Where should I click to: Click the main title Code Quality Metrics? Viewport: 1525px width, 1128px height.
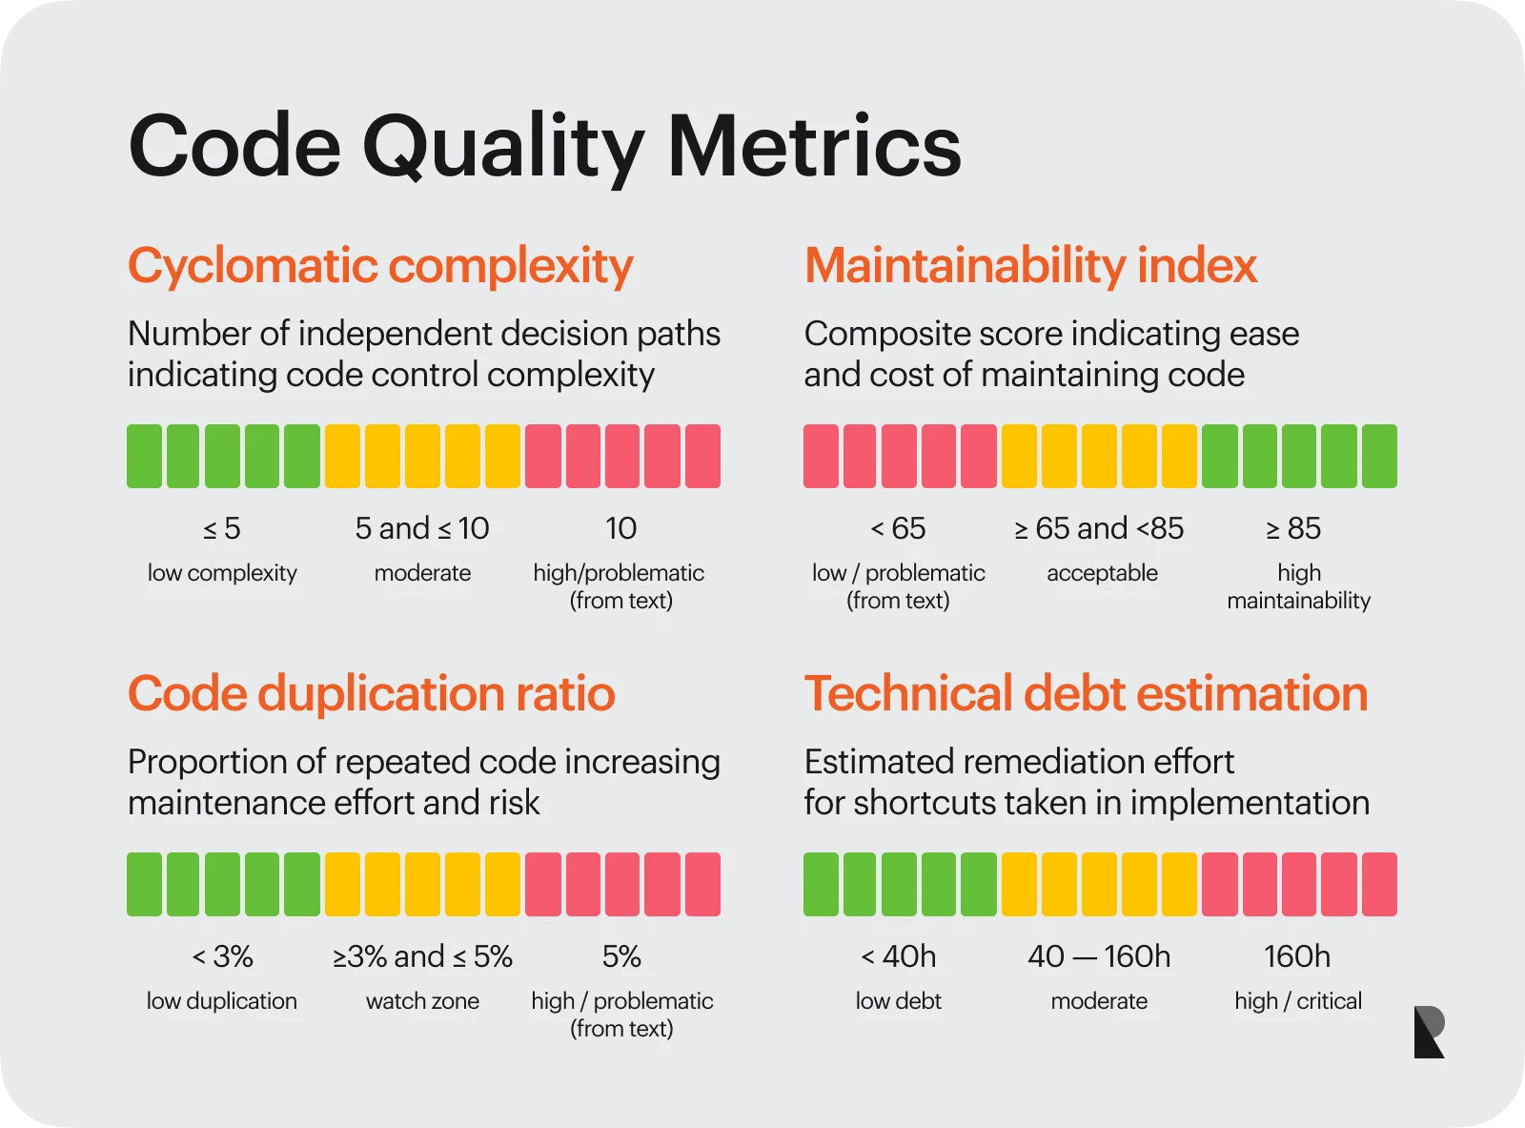pos(544,146)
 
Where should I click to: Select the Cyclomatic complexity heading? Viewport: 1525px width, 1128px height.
pos(380,266)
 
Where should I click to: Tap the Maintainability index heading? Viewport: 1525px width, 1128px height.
pos(1030,265)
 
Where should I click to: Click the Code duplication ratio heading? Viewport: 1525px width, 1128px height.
pos(371,693)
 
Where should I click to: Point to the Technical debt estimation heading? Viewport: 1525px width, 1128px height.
pos(1086,693)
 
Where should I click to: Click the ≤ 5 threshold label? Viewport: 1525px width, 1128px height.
pos(222,528)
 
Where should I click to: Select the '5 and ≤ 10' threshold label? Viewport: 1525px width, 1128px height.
pos(422,528)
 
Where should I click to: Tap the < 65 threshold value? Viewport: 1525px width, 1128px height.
pos(898,528)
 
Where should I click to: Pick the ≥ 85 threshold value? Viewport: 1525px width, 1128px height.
pos(1293,528)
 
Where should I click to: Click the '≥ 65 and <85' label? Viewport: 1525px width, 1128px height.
pos(1099,528)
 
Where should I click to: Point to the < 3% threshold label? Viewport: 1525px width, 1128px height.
pos(222,956)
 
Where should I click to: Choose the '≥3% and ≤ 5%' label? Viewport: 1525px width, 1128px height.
pos(422,956)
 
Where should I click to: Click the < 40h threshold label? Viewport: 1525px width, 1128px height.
pos(898,956)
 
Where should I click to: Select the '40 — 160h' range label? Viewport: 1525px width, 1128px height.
pos(1099,956)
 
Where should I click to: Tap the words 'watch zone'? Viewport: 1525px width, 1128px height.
pos(422,1001)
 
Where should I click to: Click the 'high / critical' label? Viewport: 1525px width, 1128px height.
pos(1298,1001)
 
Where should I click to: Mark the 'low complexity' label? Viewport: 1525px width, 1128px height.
pos(222,573)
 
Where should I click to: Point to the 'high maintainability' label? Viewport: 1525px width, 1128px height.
pos(1298,586)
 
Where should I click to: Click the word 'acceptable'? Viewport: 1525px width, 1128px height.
pos(1102,573)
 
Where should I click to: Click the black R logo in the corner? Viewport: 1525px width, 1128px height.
pos(1429,1032)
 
